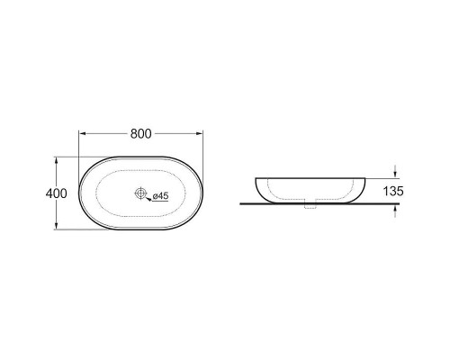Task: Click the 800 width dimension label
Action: [x=140, y=134]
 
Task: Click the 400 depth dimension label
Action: [x=56, y=193]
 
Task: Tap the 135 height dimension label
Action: [x=393, y=191]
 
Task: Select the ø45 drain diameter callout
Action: [x=160, y=196]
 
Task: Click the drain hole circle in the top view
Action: [x=140, y=193]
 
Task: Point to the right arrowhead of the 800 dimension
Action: [x=199, y=133]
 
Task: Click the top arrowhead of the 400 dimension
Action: [x=56, y=161]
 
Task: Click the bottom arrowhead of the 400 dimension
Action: [x=56, y=226]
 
